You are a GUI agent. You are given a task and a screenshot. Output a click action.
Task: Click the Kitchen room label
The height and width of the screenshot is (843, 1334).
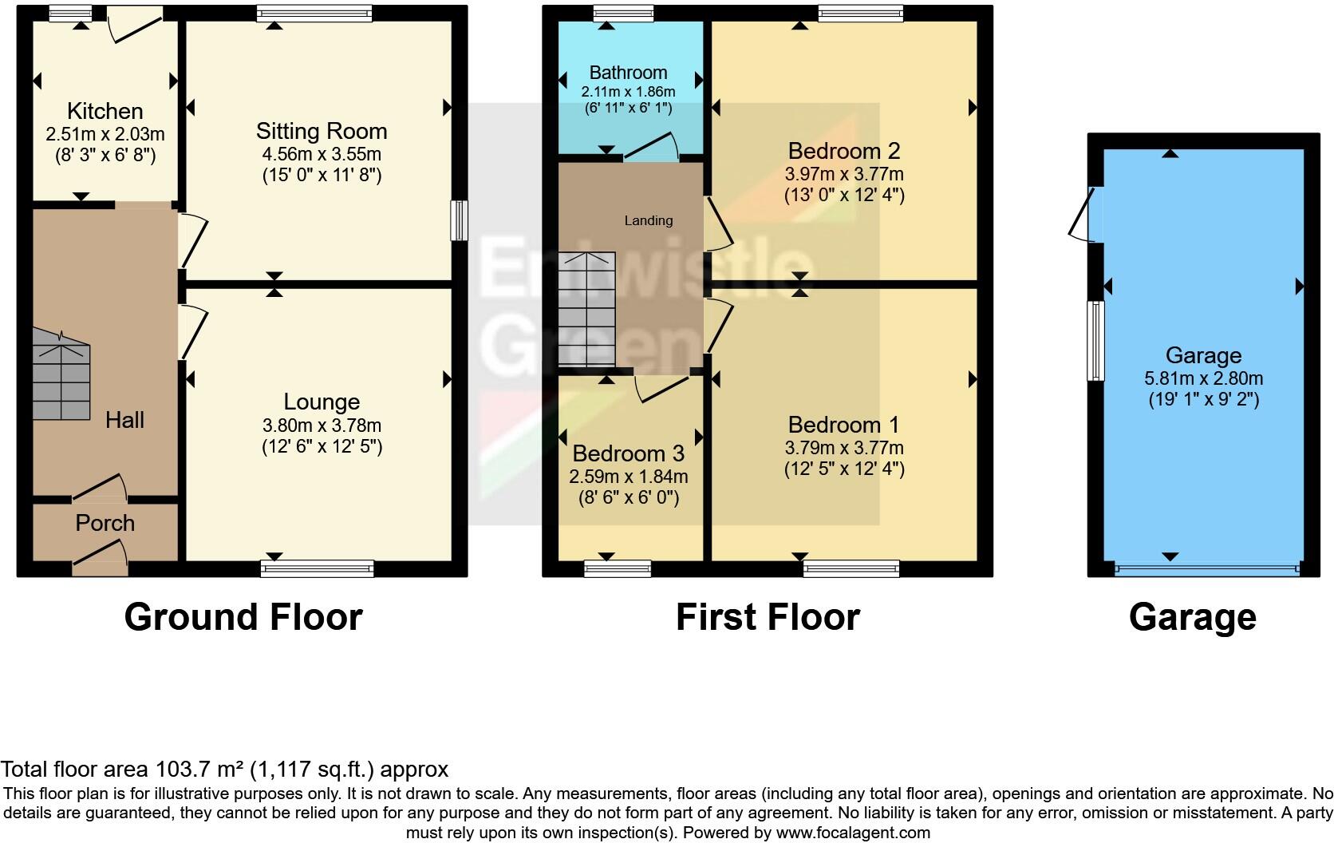pos(105,111)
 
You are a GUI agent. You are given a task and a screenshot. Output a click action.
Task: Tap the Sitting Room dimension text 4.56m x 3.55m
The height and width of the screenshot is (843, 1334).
pos(322,154)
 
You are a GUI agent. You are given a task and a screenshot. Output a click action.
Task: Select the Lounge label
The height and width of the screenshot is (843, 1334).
pos(322,402)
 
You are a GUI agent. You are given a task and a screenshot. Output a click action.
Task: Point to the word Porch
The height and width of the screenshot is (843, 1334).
pos(105,523)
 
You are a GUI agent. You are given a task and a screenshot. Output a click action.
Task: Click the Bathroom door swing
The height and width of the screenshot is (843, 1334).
pos(651,148)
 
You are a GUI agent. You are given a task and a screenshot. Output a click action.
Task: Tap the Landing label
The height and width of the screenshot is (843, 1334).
pos(648,220)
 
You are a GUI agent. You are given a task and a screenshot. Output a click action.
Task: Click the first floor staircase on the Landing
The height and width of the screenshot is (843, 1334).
pos(586,308)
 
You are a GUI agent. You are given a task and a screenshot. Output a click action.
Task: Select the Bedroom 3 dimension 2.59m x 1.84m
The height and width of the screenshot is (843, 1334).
pos(628,477)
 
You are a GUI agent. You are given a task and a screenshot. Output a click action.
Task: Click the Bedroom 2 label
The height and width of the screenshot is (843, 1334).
pos(843,150)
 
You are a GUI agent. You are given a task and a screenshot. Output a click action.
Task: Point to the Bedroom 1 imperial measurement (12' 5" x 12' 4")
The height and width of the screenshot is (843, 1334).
pos(843,469)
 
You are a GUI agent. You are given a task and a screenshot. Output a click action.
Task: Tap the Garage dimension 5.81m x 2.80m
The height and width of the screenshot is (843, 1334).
pos(1203,378)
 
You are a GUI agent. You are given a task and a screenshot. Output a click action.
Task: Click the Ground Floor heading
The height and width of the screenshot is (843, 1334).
pos(243,617)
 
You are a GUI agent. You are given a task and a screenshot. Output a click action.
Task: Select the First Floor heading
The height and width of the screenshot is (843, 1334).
pos(768,617)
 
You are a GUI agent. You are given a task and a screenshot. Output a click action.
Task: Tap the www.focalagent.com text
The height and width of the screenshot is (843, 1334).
pos(852,833)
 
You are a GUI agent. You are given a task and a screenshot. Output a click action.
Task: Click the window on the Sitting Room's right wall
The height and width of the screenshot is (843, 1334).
pos(459,220)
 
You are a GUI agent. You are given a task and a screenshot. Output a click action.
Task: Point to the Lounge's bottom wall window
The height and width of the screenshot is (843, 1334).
pos(317,568)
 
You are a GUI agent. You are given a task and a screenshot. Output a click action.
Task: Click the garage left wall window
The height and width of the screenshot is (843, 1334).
pos(1096,341)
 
